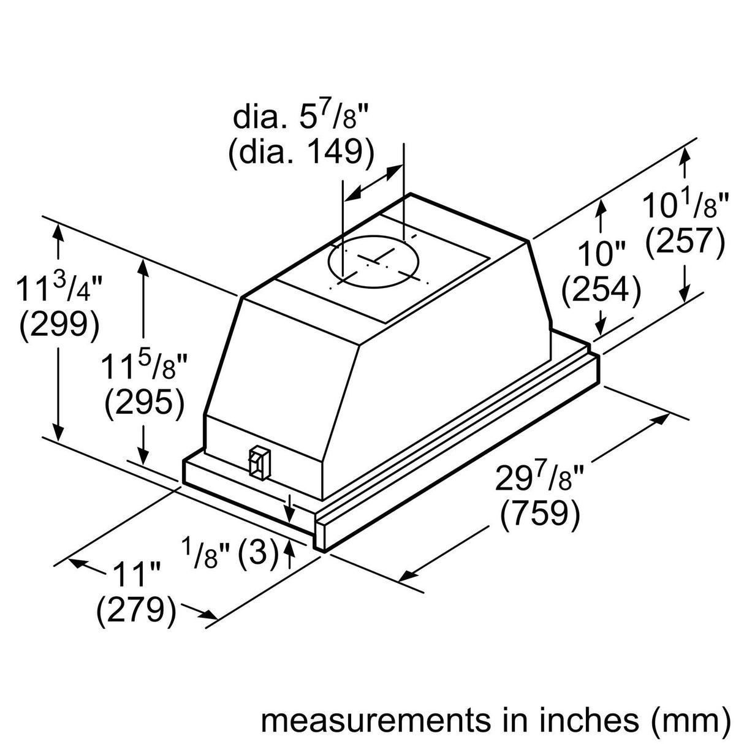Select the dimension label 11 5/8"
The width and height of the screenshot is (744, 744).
tap(145, 368)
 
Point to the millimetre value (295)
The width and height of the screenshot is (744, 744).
tap(145, 404)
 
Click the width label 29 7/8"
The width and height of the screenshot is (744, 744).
tap(539, 477)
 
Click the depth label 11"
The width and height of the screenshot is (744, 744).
tap(136, 575)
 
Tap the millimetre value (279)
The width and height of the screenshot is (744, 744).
tap(136, 610)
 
